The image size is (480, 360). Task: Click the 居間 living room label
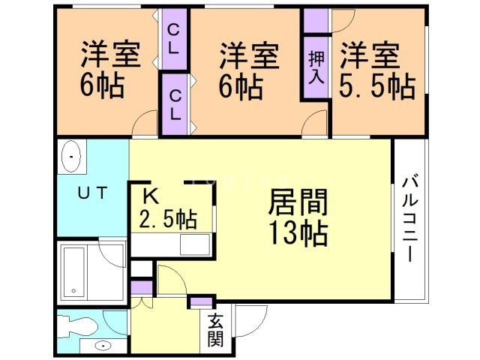click(298, 203)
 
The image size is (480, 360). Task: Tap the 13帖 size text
click(298, 234)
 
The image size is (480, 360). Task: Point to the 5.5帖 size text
click(376, 87)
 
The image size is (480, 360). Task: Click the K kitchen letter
click(150, 196)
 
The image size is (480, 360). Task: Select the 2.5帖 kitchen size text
click(168, 220)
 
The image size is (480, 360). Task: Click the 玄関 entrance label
click(214, 330)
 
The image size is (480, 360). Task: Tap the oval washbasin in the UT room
click(70, 158)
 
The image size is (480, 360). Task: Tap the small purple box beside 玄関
click(200, 302)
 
